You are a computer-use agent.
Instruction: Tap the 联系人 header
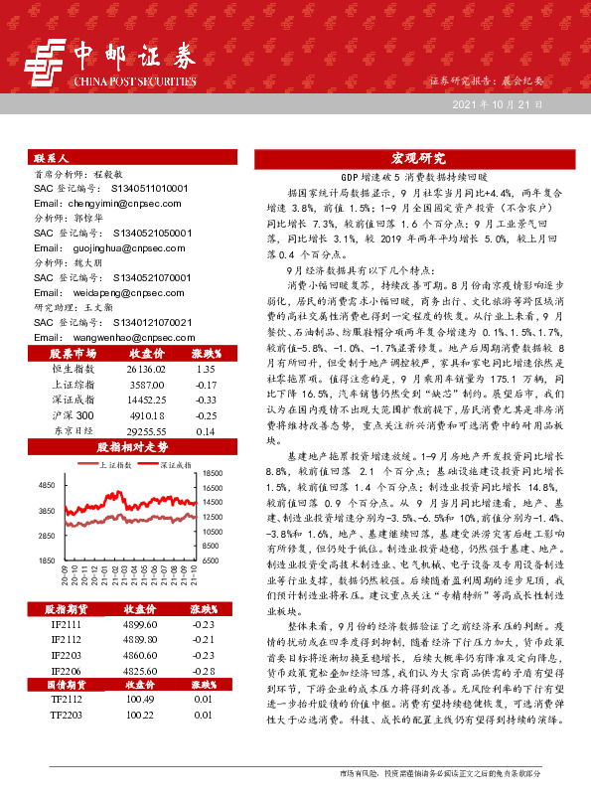click(x=51, y=158)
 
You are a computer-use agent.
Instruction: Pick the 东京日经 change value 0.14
click(x=206, y=431)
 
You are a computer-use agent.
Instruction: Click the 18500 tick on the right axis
click(x=214, y=474)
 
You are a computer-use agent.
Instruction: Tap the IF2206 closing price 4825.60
click(x=139, y=672)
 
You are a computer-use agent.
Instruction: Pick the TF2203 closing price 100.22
click(x=140, y=715)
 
